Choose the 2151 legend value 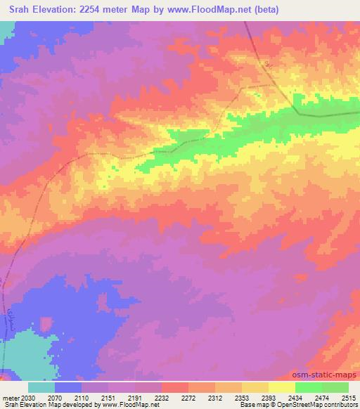coord(109,397)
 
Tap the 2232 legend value coord(162,397)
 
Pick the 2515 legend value coord(349,397)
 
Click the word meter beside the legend coord(11,397)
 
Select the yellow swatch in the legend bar coord(281,387)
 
